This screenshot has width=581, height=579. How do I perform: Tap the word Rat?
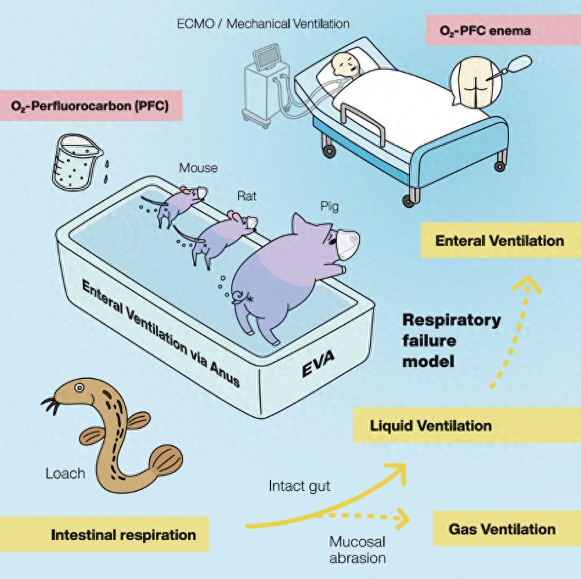(x=247, y=196)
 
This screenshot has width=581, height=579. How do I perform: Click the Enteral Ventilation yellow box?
(x=499, y=242)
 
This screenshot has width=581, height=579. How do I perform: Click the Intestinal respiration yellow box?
(x=123, y=534)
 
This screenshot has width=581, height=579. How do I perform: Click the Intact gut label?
(x=299, y=486)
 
